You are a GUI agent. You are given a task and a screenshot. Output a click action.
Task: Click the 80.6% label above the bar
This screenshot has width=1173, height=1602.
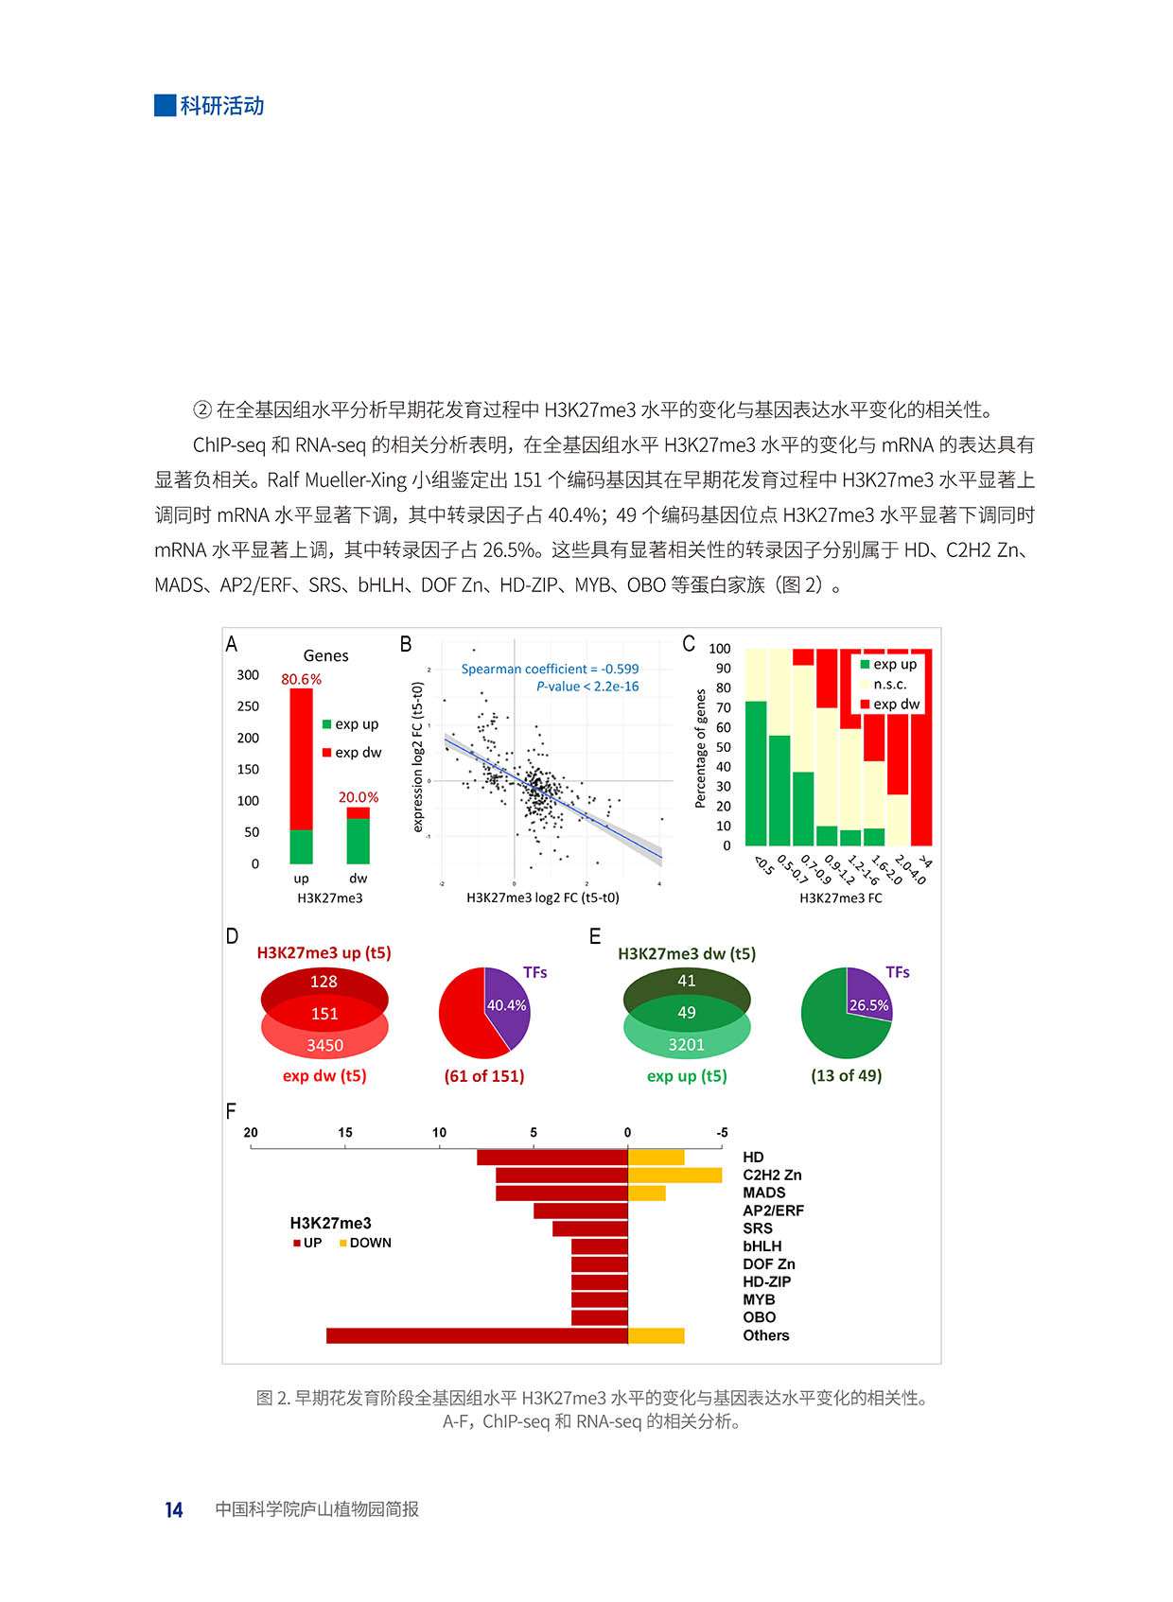[x=301, y=679]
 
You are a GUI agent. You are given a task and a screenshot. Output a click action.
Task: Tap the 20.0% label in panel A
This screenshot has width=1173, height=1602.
[x=359, y=797]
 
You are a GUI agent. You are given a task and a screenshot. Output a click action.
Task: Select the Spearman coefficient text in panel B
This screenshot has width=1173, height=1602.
[x=550, y=669]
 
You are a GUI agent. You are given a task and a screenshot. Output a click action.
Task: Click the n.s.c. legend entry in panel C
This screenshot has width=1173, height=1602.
[x=888, y=684]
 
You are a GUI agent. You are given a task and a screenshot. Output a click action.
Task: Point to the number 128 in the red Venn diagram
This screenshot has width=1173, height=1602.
[x=324, y=982]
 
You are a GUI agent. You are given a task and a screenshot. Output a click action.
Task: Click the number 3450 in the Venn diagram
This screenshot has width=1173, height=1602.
[x=324, y=1045]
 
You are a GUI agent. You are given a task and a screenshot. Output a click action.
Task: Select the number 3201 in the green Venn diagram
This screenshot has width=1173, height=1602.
[x=686, y=1044]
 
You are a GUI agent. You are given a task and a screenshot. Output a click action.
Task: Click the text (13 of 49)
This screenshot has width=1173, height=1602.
[x=846, y=1075]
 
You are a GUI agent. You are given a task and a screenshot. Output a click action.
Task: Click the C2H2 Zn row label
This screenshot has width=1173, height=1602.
[x=772, y=1175]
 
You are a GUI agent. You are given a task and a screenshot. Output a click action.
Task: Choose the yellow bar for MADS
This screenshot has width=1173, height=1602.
[x=647, y=1193]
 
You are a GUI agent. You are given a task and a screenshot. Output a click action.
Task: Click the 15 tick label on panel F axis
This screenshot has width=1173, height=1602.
[x=345, y=1132]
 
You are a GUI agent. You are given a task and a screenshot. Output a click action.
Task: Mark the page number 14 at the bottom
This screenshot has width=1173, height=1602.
[x=174, y=1509]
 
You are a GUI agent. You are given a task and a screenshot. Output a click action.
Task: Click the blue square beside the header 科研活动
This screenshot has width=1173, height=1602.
[x=165, y=105]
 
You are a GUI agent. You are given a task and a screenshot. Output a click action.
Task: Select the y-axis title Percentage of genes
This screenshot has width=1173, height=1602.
[x=700, y=748]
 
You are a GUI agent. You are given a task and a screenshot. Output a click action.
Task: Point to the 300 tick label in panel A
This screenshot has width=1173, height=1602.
[x=248, y=674]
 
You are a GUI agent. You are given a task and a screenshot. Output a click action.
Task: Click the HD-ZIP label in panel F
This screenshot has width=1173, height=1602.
[x=766, y=1281]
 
